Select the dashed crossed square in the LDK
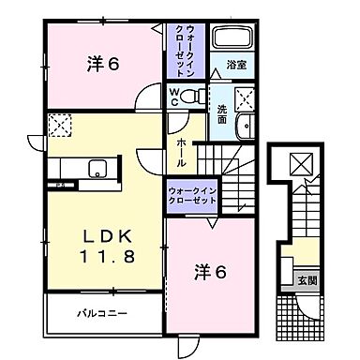click(x=59, y=125)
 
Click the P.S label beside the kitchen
click(x=56, y=186)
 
